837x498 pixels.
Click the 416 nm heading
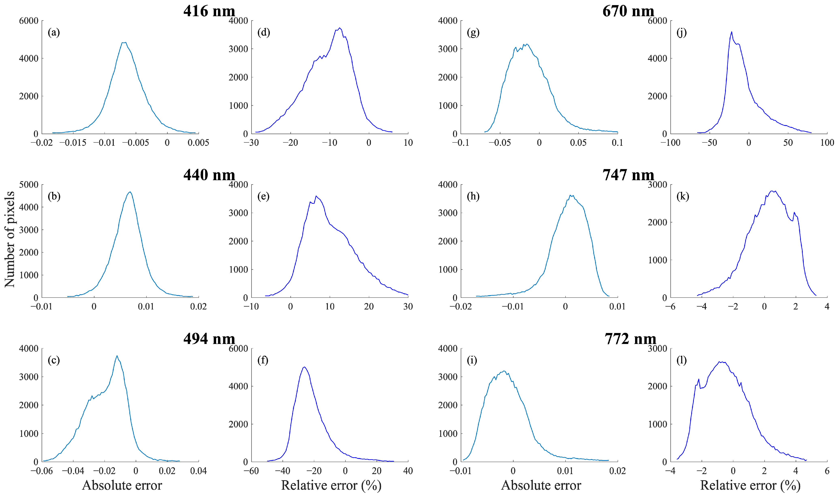[209, 11]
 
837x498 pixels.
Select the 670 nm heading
[628, 11]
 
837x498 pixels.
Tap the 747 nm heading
[628, 175]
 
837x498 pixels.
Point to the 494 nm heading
[209, 339]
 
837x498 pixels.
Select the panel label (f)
[263, 360]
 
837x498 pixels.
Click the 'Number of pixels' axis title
[10, 239]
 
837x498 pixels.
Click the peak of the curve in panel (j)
[732, 32]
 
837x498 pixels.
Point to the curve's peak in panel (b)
[130, 192]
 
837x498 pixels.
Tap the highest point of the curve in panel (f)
[304, 367]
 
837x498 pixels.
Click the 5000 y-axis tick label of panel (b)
[29, 185]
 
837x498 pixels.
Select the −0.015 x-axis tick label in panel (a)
[73, 143]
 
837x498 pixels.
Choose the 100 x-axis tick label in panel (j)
[827, 143]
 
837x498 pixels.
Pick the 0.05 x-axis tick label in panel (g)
[578, 143]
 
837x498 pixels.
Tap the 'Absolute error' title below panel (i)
[541, 485]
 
